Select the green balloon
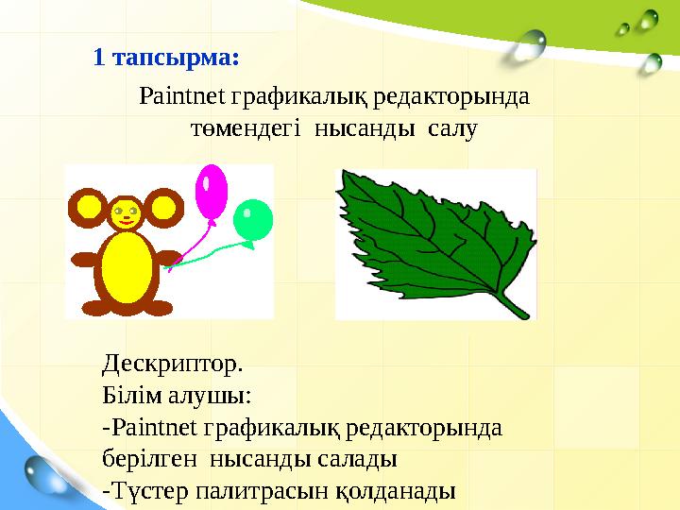coord(252,219)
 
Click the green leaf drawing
coord(425,236)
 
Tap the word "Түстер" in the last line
coord(147,492)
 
